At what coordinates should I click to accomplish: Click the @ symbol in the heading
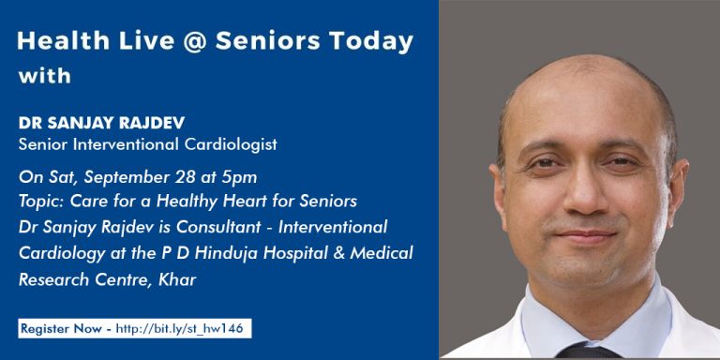pos(195,42)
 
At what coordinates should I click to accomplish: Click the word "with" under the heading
pos(45,75)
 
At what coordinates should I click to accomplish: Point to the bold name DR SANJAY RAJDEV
pos(101,123)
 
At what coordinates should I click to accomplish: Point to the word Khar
pos(177,279)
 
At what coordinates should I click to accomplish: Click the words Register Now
pos(61,329)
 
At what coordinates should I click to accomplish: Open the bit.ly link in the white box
pos(179,329)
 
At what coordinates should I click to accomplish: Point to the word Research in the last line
pos(53,279)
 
